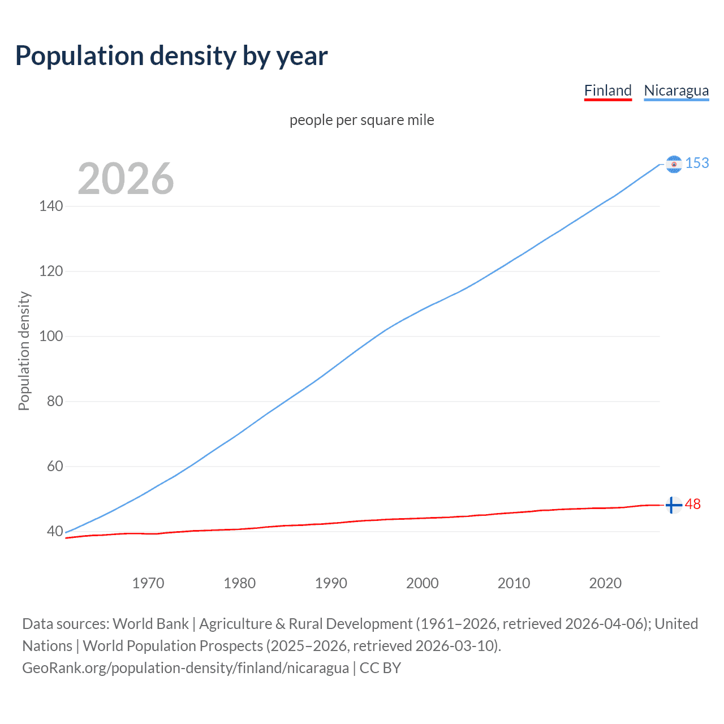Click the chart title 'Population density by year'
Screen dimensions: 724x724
point(171,55)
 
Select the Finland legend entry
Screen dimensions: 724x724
point(607,90)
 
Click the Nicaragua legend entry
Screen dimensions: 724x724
point(676,90)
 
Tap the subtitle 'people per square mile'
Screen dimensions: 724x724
point(361,120)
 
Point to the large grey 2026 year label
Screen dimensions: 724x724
point(126,179)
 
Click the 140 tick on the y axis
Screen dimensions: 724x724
point(51,206)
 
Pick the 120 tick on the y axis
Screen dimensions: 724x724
point(51,271)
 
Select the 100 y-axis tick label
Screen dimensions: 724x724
point(51,336)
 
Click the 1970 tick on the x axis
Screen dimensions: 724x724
point(148,583)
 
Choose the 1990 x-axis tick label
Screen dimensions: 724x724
point(331,583)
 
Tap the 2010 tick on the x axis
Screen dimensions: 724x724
point(514,583)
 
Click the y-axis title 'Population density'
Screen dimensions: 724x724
point(24,351)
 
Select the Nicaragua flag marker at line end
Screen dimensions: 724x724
point(674,164)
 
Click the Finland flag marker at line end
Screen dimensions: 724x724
point(673,505)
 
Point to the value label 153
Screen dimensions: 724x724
point(697,163)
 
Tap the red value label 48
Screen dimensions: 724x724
point(693,504)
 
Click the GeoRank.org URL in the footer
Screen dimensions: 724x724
point(186,667)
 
